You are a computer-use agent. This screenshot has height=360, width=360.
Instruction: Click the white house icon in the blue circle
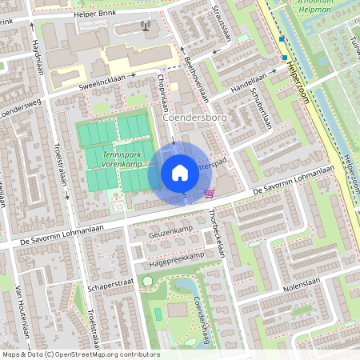coord(179,172)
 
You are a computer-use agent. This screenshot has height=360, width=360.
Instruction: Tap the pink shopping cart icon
coord(210,193)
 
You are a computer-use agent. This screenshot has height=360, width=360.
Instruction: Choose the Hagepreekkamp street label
coord(174,255)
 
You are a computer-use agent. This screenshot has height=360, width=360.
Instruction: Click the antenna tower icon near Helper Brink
coord(145,24)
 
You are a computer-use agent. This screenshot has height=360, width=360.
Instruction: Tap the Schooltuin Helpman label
coord(314,6)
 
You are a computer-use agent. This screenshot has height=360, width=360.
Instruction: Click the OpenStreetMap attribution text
coord(80,354)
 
